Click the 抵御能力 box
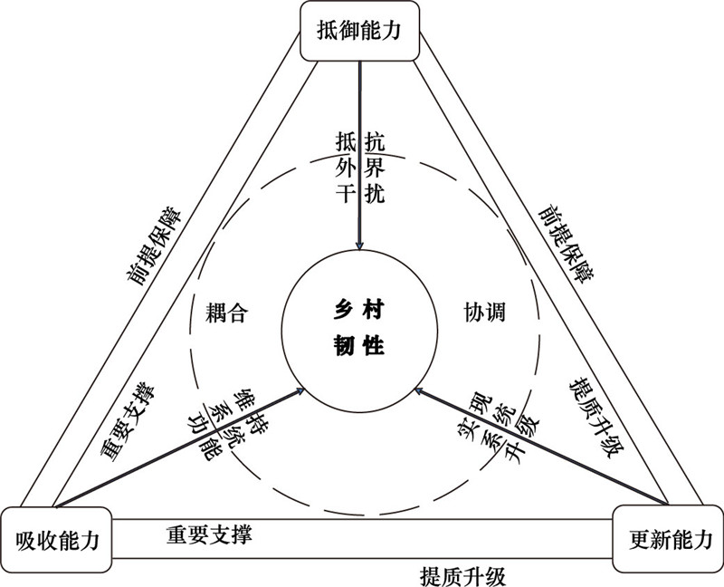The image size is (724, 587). pos(360,31)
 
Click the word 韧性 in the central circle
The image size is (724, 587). pos(359,345)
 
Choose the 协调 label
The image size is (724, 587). pos(484,313)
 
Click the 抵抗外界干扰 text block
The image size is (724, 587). pos(360,168)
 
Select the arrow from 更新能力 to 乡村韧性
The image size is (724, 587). pos(543,446)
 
